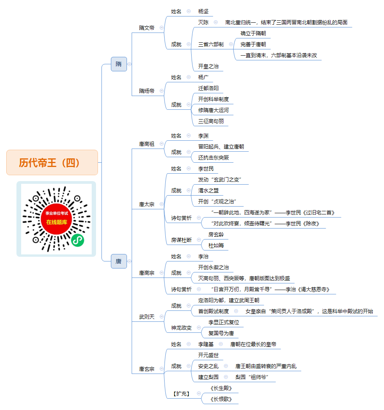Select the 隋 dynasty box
(119, 64)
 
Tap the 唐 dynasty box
(119, 261)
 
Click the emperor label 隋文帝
(147, 28)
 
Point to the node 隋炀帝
(147, 91)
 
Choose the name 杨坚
(203, 11)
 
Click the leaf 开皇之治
(208, 66)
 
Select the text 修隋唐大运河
(213, 111)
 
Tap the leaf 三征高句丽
(211, 122)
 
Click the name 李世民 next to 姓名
(206, 169)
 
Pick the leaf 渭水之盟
(208, 190)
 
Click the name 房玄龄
(216, 234)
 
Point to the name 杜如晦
(216, 245)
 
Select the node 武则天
(147, 317)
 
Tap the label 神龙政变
(181, 328)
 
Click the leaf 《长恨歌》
(221, 399)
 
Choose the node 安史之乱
(208, 366)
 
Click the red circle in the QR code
(56, 219)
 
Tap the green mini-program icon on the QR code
(78, 240)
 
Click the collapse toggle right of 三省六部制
(231, 44)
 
